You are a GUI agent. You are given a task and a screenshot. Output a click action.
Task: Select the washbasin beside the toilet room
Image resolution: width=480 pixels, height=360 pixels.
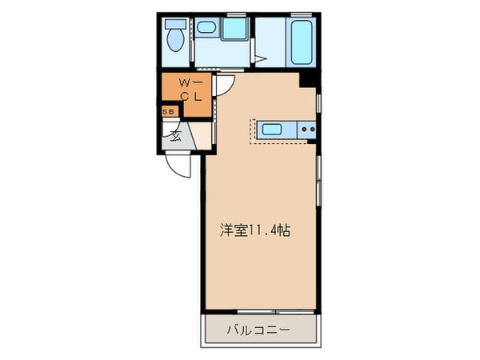coord(206,30)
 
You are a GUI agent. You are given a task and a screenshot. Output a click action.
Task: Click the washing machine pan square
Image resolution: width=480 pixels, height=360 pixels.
coord(235,29)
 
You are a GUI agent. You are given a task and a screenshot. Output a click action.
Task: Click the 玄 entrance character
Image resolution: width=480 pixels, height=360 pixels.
coord(175,134)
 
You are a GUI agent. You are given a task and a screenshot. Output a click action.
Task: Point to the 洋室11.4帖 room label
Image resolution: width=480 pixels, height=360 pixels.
coord(255,229)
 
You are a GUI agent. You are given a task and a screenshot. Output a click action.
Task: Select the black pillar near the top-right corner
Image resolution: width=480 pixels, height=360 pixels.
coord(307,79)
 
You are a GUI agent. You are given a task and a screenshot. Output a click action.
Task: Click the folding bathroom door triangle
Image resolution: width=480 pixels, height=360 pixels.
coord(261,58)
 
